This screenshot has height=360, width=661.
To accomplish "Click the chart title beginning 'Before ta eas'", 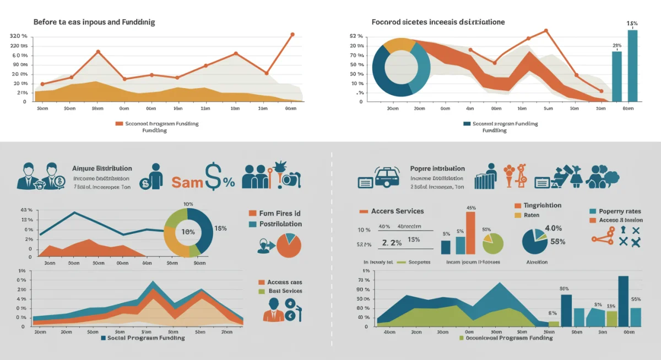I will tap(94, 22).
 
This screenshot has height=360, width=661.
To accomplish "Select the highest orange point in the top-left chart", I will tap(292, 34).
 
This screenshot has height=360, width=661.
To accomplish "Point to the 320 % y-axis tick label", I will tap(19, 36).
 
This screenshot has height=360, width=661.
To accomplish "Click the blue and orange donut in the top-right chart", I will tap(401, 67).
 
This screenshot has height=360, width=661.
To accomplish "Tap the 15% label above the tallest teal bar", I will tap(632, 24).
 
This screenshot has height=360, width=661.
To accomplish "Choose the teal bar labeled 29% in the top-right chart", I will tap(617, 76).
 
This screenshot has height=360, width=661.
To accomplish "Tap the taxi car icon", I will tap(387, 178).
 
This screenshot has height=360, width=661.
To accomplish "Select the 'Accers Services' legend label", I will tap(397, 211).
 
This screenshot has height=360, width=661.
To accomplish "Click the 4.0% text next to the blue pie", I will tap(552, 228).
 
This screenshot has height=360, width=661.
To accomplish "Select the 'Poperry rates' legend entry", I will tap(619, 211).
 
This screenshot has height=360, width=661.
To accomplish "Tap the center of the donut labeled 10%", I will tap(188, 232).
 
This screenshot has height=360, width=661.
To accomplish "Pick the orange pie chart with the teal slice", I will tap(289, 246).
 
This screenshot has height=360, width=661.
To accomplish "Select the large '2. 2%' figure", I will tap(392, 242).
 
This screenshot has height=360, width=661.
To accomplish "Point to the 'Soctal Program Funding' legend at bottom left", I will tap(143, 337).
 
